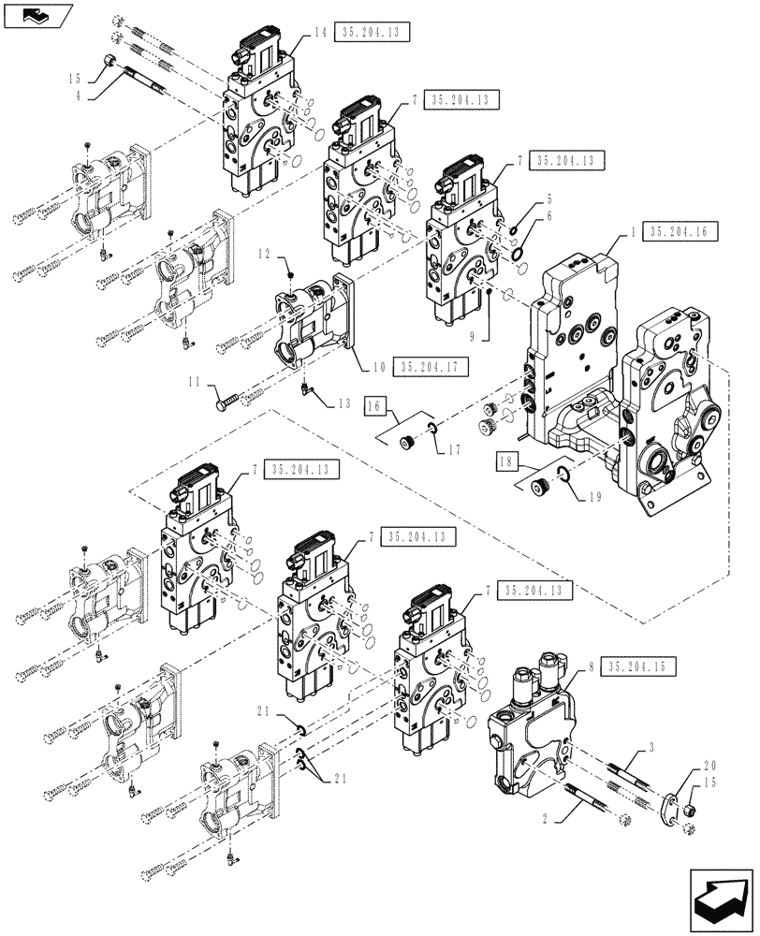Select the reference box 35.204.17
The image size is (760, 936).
click(x=431, y=367)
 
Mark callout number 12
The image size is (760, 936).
click(x=265, y=253)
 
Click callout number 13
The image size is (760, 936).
click(x=343, y=402)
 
